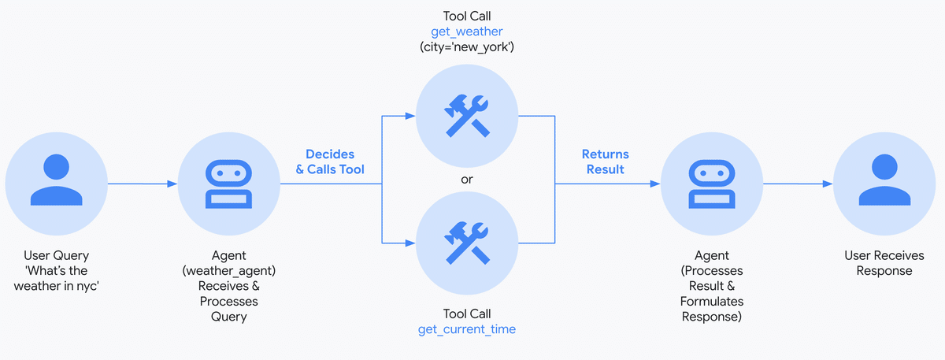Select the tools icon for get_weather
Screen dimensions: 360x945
(x=466, y=117)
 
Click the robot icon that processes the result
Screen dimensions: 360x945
(x=710, y=184)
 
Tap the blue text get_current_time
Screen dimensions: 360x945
(x=466, y=328)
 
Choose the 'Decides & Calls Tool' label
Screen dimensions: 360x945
(x=330, y=161)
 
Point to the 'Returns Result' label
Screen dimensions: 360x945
(x=605, y=161)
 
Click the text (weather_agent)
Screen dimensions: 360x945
(x=228, y=271)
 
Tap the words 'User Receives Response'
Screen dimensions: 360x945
(x=884, y=263)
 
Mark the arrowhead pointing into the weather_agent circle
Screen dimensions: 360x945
(x=172, y=184)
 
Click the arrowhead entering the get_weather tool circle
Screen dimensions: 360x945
(x=410, y=117)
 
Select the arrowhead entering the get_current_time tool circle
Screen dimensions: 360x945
(x=410, y=242)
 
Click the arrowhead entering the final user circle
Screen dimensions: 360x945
(x=828, y=184)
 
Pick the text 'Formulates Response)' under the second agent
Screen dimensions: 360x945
(x=712, y=309)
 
